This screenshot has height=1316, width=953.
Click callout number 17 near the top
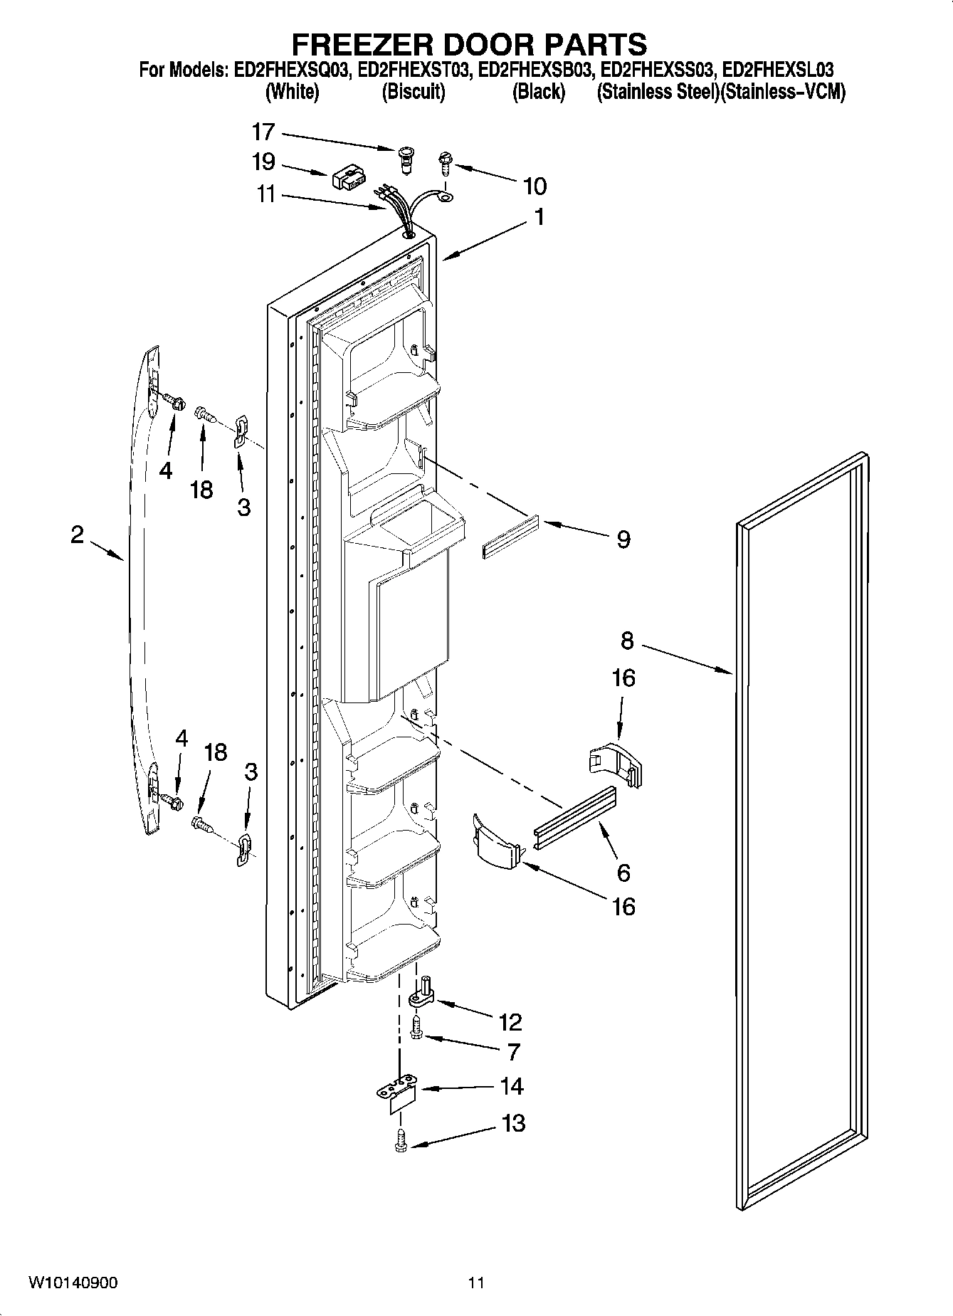point(263,132)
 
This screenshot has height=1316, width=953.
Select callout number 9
point(623,539)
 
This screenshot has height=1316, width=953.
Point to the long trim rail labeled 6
point(574,818)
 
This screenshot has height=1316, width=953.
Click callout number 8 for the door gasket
point(626,641)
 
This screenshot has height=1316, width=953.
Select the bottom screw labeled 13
point(401,1142)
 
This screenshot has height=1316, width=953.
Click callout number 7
point(512,1051)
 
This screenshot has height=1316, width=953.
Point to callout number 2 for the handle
point(77,535)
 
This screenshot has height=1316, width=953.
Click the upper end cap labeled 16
point(615,762)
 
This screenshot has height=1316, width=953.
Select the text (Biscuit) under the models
point(413,92)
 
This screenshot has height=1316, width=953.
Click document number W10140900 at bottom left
point(73,1283)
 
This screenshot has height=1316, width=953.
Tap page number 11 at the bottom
point(476,1283)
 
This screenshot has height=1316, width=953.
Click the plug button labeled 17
point(406,158)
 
